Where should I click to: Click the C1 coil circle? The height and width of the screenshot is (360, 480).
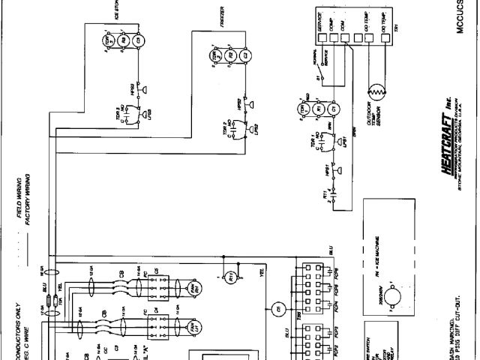click(334, 109)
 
